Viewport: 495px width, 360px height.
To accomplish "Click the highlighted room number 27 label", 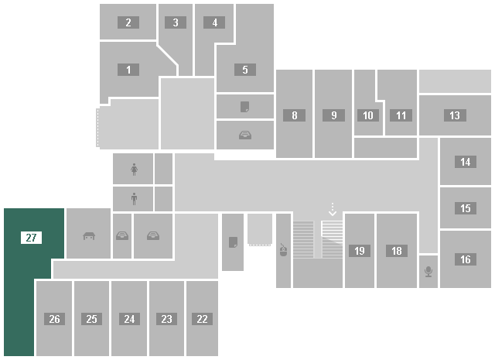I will (x=32, y=238).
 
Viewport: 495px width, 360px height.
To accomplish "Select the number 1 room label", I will (x=128, y=70).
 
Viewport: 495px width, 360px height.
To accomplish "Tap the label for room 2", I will (x=128, y=22).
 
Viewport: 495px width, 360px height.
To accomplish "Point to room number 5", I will (x=244, y=70).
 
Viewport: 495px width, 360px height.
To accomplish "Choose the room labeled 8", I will (x=295, y=116).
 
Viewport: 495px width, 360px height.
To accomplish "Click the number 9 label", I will (x=333, y=116).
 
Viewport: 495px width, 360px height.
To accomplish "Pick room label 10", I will (x=367, y=116).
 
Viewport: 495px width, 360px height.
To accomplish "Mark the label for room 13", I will (x=454, y=116).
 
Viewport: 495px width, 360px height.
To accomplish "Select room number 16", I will (x=465, y=260).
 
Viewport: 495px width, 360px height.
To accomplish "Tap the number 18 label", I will (x=397, y=251).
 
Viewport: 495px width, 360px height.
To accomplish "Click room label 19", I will (x=359, y=251).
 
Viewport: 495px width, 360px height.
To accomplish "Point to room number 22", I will (x=202, y=319).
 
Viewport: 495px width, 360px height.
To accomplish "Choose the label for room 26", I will (x=54, y=319).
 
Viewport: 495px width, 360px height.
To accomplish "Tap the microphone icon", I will (x=428, y=272).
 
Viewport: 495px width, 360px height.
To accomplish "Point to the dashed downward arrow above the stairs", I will (x=333, y=209).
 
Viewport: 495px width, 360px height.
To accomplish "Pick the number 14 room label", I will (x=465, y=163).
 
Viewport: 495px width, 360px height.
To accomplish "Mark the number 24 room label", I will (x=129, y=319).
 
